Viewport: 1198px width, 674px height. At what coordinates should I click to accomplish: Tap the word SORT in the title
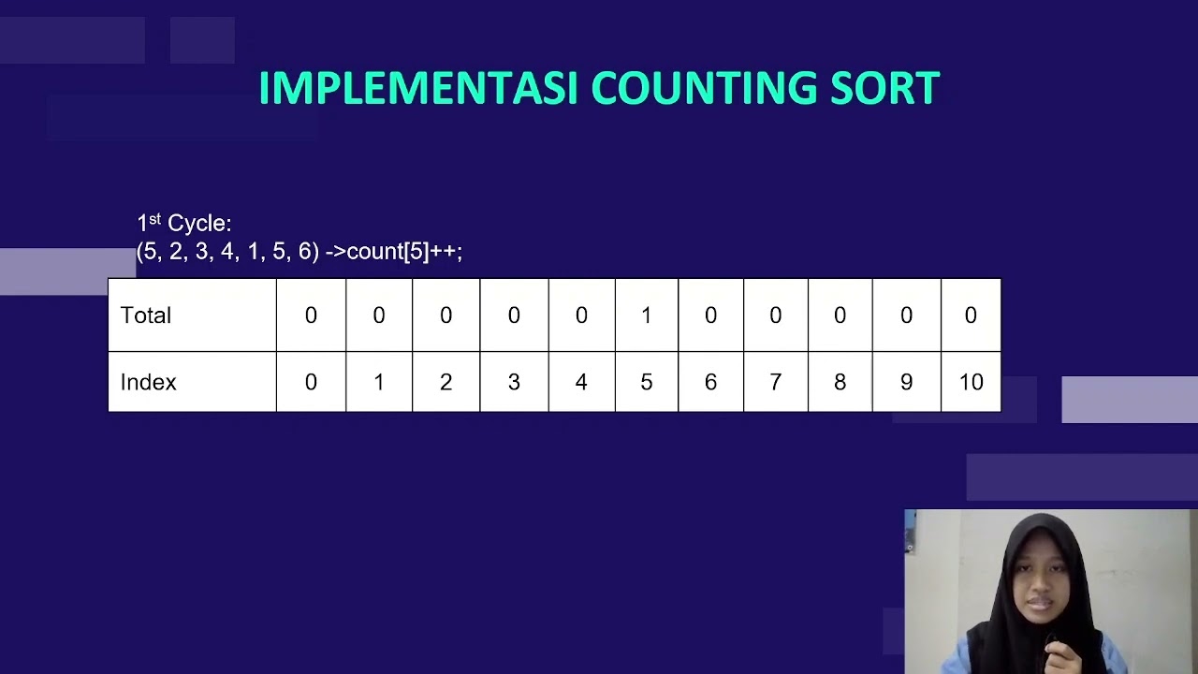[x=884, y=89]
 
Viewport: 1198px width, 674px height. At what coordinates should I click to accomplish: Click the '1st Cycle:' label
[x=184, y=223]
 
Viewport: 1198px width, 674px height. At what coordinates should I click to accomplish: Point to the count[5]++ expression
[x=403, y=252]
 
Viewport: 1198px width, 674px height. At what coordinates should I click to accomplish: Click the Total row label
[x=146, y=315]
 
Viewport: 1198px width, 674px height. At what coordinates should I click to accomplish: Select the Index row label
[x=148, y=382]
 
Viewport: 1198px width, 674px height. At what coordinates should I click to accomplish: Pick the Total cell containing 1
[x=646, y=315]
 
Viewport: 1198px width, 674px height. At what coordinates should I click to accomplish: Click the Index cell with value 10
[x=971, y=382]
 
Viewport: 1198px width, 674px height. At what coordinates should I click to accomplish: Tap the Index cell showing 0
[x=311, y=382]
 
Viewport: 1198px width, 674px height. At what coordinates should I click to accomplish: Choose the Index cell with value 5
[x=646, y=382]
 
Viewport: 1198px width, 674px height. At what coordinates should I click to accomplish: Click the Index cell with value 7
[x=775, y=382]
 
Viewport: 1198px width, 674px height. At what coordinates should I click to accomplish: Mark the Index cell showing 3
[x=514, y=382]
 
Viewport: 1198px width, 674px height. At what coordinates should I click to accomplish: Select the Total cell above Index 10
[x=971, y=315]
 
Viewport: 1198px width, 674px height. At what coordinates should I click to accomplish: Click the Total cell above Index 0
[x=311, y=315]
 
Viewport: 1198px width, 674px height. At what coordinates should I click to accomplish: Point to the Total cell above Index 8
[x=840, y=315]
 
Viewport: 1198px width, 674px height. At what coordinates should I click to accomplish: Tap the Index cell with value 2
[x=446, y=382]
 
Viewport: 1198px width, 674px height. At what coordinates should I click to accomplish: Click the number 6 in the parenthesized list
[x=305, y=252]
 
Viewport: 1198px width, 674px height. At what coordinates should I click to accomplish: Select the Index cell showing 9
[x=906, y=382]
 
